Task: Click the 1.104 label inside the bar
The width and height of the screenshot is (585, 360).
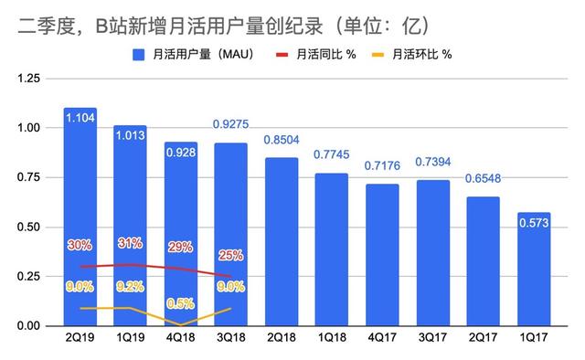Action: [80, 123]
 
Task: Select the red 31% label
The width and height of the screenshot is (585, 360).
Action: [131, 244]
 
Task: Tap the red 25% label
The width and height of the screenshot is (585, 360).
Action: [232, 254]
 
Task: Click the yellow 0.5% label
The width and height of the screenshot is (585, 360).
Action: [181, 303]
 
